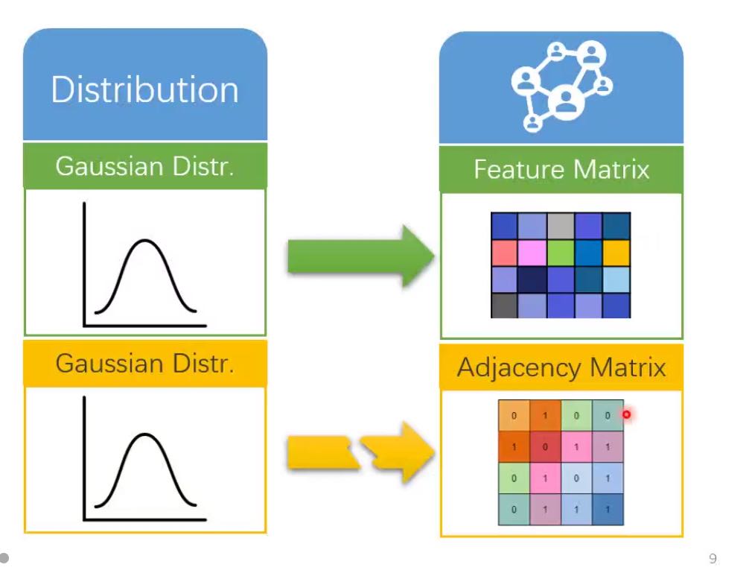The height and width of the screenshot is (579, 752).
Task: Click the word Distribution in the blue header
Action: coord(144,89)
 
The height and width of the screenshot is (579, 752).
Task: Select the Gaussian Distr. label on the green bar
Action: coord(144,165)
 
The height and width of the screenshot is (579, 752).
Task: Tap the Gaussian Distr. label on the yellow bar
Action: coord(144,363)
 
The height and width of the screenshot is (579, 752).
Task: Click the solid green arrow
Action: coord(360,256)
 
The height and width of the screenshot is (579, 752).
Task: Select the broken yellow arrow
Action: coord(360,452)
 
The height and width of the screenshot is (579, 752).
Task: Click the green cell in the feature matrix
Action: coord(560,253)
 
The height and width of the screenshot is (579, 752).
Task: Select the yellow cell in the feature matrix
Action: coord(616,253)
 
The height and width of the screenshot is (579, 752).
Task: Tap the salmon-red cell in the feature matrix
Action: coord(504,253)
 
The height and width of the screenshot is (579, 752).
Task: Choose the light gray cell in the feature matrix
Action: coord(560,226)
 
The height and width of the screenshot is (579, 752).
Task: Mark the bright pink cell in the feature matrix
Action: coord(532,253)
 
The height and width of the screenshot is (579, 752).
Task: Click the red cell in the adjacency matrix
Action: coord(545,446)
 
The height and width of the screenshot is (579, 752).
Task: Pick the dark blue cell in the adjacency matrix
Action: coord(608,509)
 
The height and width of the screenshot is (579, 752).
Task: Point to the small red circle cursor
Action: coord(626,414)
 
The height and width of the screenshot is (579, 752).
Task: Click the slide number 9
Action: coord(713,559)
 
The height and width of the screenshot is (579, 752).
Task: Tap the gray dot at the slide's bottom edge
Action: coord(4,557)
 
